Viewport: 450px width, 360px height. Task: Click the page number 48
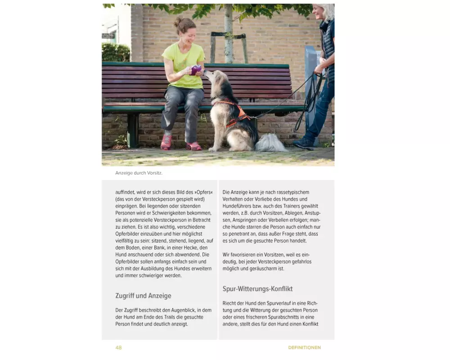click(x=118, y=347)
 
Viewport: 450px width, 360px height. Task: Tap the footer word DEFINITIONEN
click(x=304, y=347)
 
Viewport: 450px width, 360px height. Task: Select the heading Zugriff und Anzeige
click(x=143, y=296)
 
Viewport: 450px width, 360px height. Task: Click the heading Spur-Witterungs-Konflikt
click(x=257, y=288)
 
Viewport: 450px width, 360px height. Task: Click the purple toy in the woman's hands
click(x=196, y=70)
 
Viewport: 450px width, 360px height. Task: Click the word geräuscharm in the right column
click(x=268, y=269)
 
